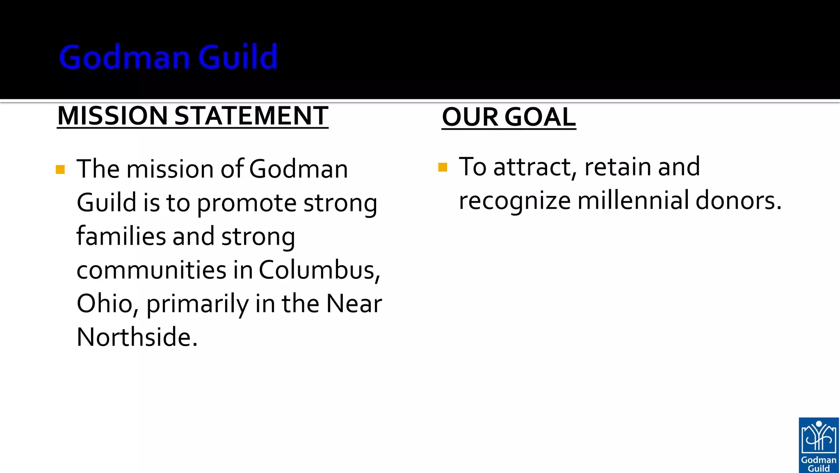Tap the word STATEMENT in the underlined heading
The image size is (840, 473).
[251, 116]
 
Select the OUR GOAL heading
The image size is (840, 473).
[509, 117]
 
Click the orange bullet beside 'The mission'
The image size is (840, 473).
[60, 170]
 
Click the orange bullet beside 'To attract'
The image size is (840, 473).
[443, 167]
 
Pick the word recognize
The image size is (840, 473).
[514, 201]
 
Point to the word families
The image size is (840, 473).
[121, 236]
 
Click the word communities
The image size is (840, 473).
[151, 270]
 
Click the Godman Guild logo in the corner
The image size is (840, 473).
[819, 445]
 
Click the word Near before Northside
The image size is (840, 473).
[354, 304]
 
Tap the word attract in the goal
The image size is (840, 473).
[532, 167]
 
